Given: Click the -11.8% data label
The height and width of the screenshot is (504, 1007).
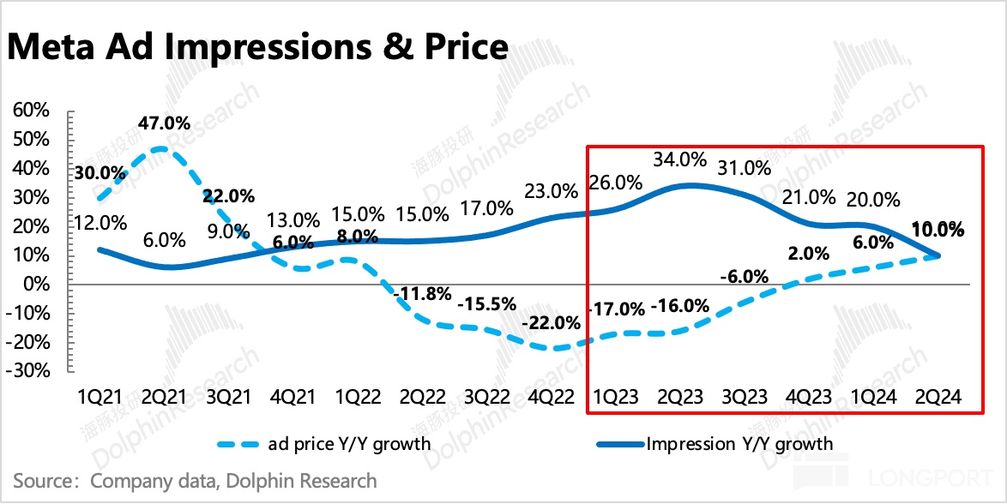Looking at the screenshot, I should (422, 295).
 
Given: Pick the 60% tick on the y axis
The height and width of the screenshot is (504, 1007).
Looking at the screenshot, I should (32, 110).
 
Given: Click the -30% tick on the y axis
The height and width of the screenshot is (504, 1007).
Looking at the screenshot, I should (30, 371).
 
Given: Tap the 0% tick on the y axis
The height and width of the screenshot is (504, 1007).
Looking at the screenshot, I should (38, 284).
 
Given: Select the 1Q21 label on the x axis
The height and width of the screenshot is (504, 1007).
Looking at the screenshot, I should (100, 398).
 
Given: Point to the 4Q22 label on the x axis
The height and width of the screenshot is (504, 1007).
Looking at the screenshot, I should (546, 398).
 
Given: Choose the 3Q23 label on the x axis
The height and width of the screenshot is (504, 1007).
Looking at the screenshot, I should (744, 398).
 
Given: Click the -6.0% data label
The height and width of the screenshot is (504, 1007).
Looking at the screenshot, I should (743, 277).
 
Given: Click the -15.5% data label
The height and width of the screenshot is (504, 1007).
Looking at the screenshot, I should (486, 303).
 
